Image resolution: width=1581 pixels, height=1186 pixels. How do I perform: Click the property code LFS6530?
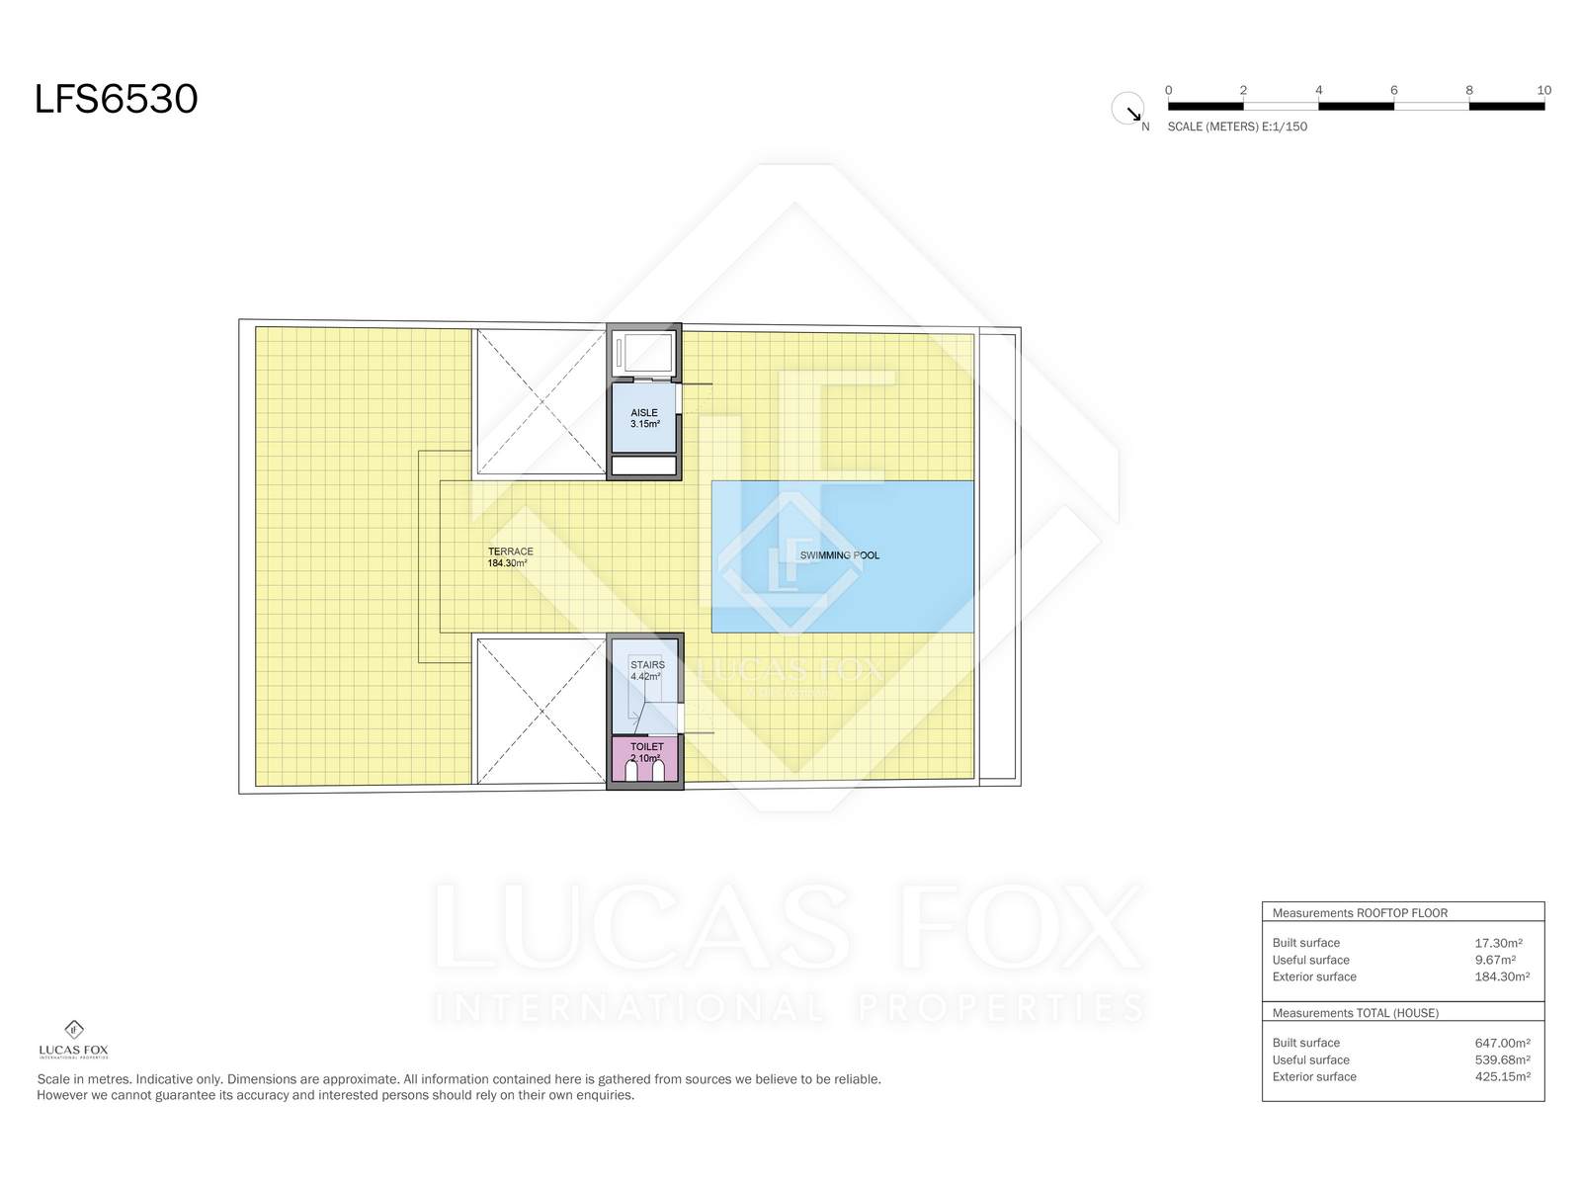116,99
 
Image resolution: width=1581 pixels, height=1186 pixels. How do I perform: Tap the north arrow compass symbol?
1127,109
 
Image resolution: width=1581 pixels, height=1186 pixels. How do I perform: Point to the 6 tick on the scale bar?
1393,90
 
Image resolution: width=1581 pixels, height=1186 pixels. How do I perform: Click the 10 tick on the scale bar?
1543,90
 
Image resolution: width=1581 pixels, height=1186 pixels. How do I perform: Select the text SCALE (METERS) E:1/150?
1237,127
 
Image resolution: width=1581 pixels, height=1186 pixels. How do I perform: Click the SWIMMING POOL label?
840,555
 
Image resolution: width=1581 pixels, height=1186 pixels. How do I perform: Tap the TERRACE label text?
511,551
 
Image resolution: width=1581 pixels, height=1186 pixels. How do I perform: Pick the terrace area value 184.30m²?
507,563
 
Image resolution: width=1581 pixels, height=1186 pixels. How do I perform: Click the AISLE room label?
644,412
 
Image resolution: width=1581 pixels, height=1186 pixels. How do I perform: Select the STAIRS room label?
647,664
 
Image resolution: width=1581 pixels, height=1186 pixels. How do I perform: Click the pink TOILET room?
644,757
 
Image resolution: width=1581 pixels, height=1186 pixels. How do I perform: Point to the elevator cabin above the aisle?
644,354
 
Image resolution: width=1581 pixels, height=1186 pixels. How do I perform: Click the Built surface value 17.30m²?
1498,943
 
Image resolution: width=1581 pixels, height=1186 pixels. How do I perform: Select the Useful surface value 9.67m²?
1495,960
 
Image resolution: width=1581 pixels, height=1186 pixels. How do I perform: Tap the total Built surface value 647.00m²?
1503,1044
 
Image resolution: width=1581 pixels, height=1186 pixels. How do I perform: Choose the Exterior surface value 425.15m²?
1503,1077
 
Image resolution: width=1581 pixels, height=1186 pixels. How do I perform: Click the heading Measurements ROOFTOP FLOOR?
1360,913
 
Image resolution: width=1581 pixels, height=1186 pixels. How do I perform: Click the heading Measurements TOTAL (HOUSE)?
1356,1013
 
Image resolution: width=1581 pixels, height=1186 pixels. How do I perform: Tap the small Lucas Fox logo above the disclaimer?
73,1040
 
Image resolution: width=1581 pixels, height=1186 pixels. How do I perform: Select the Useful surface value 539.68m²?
1503,1059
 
